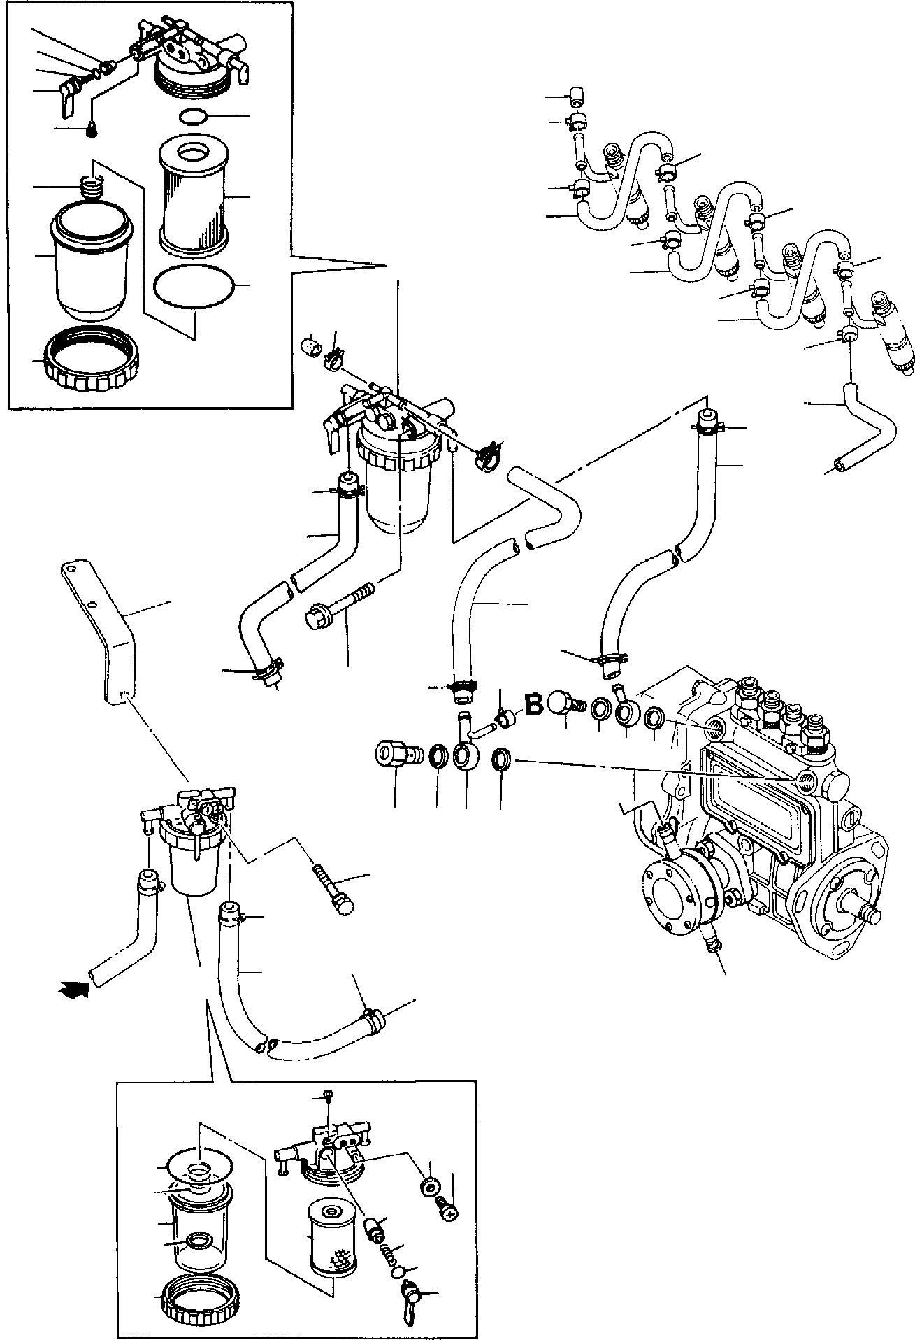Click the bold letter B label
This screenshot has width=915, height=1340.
click(534, 704)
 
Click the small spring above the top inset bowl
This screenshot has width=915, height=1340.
click(92, 187)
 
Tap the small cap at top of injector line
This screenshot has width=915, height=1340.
click(578, 94)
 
